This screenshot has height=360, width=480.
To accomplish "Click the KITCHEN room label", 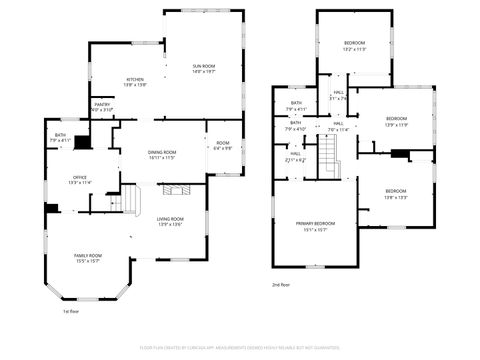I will pyautogui.click(x=135, y=80).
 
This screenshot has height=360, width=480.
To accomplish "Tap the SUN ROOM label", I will pyautogui.click(x=204, y=66).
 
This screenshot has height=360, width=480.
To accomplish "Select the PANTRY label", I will pyautogui.click(x=102, y=104).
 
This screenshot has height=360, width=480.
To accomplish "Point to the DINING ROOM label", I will pyautogui.click(x=162, y=152).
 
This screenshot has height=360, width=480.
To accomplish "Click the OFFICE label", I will pyautogui.click(x=80, y=177).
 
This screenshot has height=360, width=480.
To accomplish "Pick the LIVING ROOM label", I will pyautogui.click(x=169, y=219).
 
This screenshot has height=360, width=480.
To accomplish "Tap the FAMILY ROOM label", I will pyautogui.click(x=88, y=255).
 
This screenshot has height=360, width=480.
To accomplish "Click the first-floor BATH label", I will pyautogui.click(x=60, y=135).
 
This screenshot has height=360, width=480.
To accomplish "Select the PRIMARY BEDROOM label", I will pyautogui.click(x=314, y=223).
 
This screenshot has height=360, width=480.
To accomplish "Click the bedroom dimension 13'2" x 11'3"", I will pyautogui.click(x=355, y=48).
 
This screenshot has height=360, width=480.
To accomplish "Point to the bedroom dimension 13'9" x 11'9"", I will pyautogui.click(x=397, y=124).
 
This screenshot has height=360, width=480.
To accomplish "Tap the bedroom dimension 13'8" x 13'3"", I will pyautogui.click(x=396, y=197).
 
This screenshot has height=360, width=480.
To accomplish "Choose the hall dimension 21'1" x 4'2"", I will pyautogui.click(x=296, y=160).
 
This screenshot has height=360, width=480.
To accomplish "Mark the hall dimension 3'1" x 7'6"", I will pyautogui.click(x=339, y=98).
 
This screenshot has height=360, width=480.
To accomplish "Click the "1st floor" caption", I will pyautogui.click(x=71, y=311).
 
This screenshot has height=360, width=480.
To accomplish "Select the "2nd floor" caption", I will pyautogui.click(x=281, y=285).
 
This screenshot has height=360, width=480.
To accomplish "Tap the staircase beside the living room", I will pyautogui.click(x=129, y=205).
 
